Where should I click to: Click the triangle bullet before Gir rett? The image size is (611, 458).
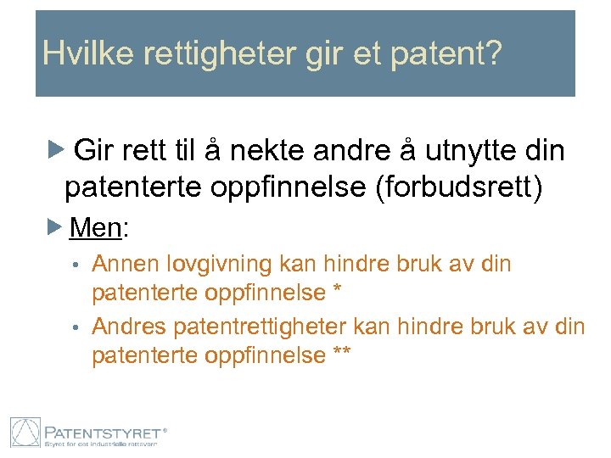click(55, 151)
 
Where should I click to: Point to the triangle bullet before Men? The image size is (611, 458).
click(55, 226)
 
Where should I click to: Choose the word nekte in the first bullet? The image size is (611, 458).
click(312, 151)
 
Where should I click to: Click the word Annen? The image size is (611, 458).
click(126, 264)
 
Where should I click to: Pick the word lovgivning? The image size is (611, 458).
click(226, 265)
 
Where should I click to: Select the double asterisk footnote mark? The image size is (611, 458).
click(342, 353)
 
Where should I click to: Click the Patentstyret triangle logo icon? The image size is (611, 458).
click(25, 433)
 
